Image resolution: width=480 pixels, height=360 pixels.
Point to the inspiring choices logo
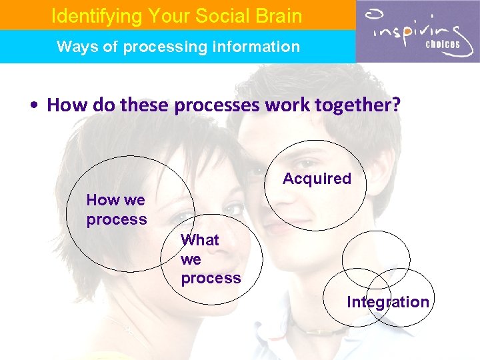(x=417, y=31)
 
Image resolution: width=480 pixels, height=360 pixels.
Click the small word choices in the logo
(x=443, y=45)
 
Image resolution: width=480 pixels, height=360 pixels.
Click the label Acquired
(x=317, y=179)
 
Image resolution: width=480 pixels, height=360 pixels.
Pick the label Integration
(x=387, y=302)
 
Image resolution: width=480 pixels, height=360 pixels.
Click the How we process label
(x=117, y=209)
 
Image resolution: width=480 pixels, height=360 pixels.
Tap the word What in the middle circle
(x=199, y=240)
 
